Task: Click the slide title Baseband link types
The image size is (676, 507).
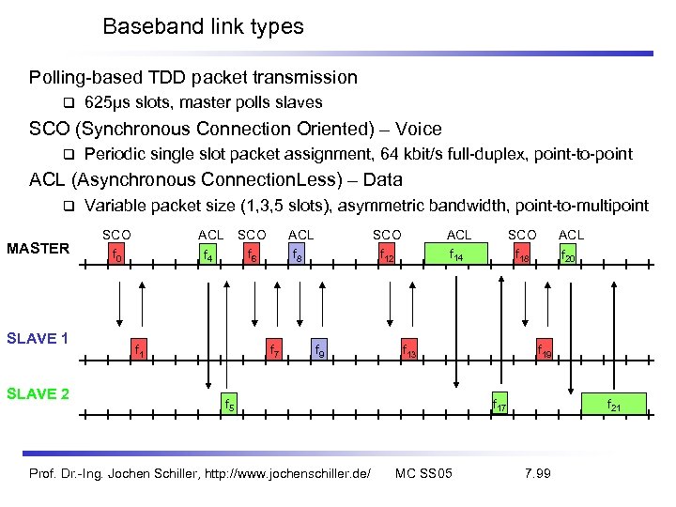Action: tap(203, 26)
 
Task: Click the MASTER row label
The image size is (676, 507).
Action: tap(38, 248)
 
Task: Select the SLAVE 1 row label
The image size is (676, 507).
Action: tap(38, 338)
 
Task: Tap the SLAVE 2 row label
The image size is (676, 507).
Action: tap(38, 393)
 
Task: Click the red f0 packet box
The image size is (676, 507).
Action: tap(116, 253)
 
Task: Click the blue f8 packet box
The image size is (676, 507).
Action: tap(297, 253)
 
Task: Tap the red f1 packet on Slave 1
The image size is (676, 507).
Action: tap(140, 351)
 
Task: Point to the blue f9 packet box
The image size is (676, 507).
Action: tap(319, 351)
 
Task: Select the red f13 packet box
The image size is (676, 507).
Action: tap(410, 351)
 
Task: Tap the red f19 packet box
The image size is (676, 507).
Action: tap(545, 351)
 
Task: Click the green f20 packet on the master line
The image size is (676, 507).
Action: tap(569, 253)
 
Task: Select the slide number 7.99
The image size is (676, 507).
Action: tap(537, 472)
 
